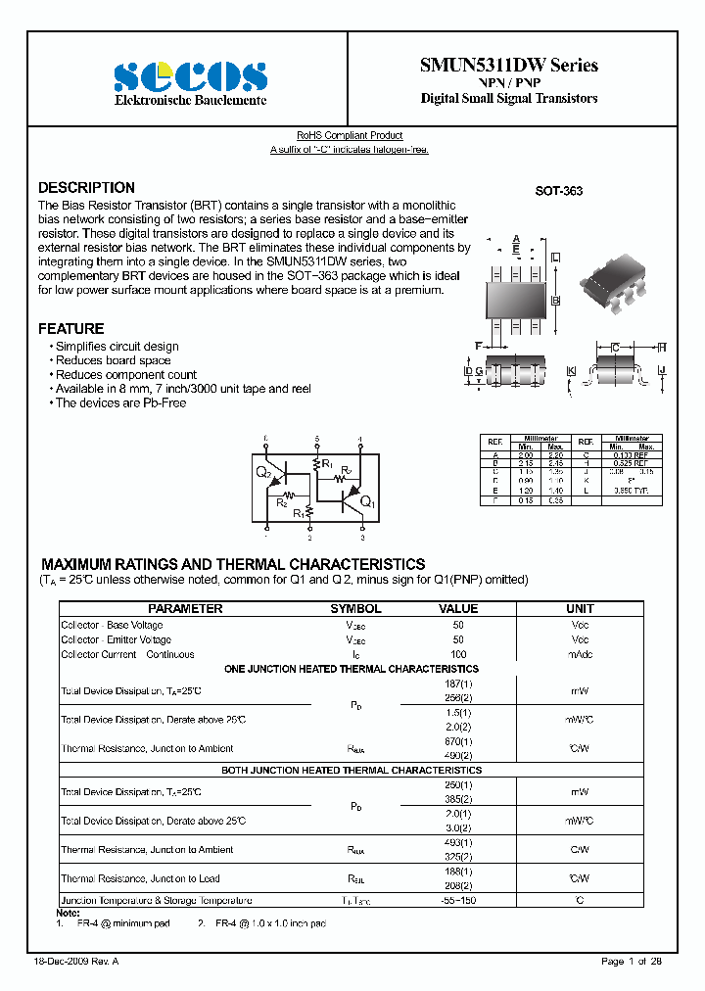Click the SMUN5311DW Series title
(508, 66)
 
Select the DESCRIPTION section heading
(86, 188)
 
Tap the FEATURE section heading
(70, 329)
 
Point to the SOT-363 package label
(558, 191)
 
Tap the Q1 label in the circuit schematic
(366, 502)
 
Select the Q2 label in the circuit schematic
(264, 473)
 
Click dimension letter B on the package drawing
(555, 300)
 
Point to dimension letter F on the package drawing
(478, 347)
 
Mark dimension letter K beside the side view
(570, 370)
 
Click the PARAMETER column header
(185, 608)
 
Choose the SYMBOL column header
(355, 608)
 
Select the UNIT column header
(581, 608)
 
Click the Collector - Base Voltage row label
(112, 625)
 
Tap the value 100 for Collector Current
(458, 654)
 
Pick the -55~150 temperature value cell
(458, 900)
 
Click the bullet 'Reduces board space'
(113, 360)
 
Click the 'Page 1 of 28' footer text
(632, 962)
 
